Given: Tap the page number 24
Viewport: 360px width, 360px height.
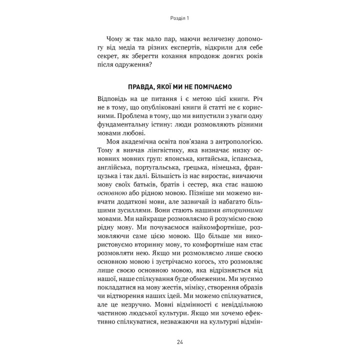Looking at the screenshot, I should coord(179,341).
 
